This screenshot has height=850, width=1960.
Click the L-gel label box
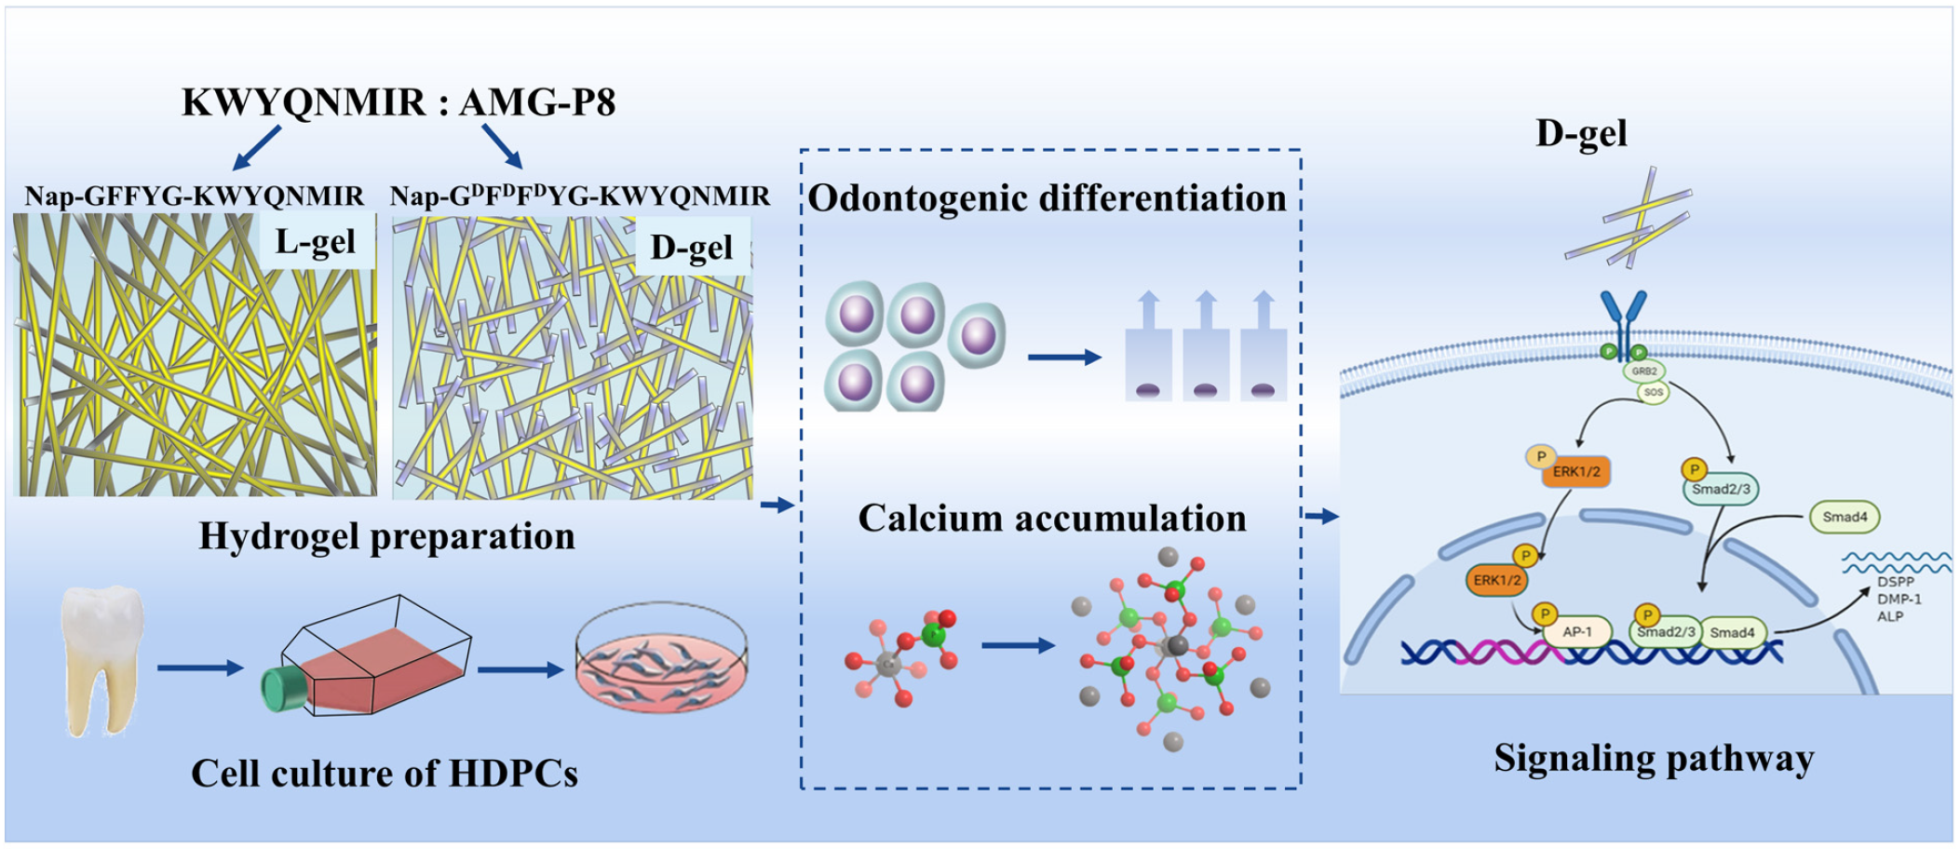point(316,242)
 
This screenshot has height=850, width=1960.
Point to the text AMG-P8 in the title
point(537,102)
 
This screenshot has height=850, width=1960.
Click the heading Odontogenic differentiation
point(1047,198)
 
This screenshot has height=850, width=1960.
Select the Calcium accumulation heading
point(1052,519)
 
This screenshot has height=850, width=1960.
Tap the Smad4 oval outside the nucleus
point(1844,517)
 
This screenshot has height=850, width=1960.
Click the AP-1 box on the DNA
point(1576,632)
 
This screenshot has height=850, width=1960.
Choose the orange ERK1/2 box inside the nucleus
point(1496,580)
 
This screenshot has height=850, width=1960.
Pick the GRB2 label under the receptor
point(1644,371)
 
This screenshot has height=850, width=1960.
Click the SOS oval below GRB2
point(1653,392)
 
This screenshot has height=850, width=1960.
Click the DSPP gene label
point(1896,582)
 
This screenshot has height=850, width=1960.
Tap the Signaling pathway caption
point(1654,759)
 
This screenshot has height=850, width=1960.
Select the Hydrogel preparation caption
point(386,536)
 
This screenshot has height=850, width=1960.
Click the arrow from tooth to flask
point(199,668)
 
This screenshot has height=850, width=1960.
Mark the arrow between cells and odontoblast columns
point(1063,357)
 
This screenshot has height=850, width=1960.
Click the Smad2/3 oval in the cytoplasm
point(1721,489)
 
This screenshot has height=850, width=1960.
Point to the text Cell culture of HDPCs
point(385,774)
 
